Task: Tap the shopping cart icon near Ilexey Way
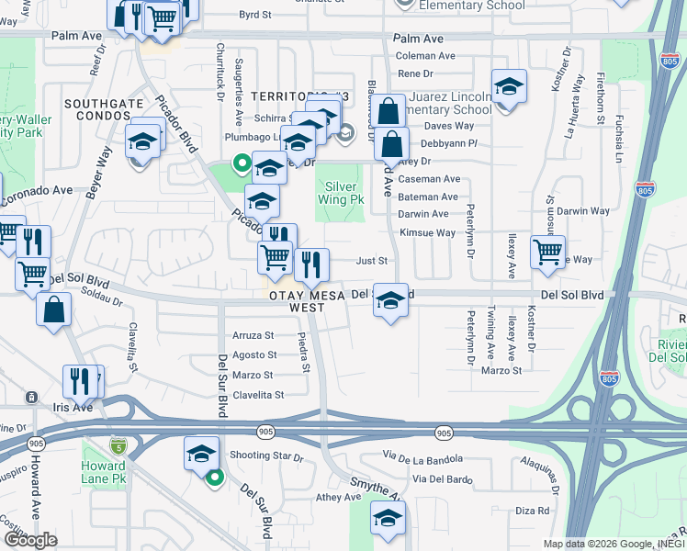547,251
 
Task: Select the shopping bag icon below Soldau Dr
54,309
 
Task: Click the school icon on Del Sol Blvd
390,300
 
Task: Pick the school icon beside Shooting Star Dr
202,454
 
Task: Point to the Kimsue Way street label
427,233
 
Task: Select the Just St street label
371,261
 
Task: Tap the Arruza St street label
253,335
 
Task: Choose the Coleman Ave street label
425,56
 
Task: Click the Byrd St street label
254,16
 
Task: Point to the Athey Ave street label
337,497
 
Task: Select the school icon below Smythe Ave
388,518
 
